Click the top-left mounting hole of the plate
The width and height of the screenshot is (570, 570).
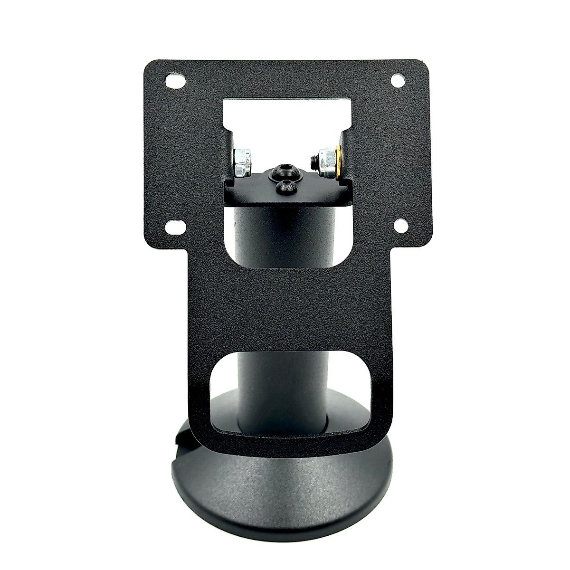click(x=174, y=81)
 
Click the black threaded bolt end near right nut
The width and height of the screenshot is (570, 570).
click(x=314, y=158)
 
